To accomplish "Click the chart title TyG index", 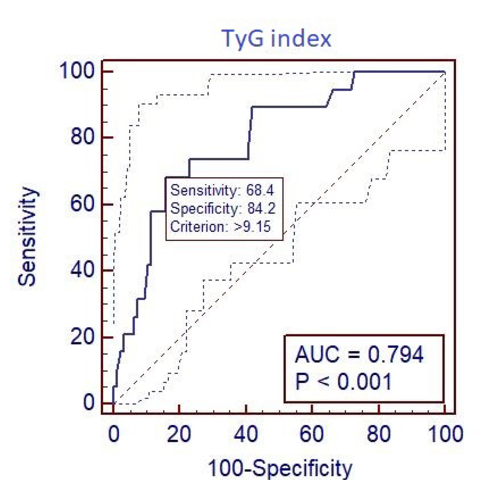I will [x=276, y=39].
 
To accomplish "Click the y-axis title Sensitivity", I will [x=27, y=236].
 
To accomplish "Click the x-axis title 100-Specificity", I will [x=280, y=467].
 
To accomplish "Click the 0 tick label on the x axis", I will [x=114, y=434].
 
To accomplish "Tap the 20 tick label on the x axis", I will [x=179, y=434].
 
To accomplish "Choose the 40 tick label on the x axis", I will [x=246, y=434].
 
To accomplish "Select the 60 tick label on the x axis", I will [x=312, y=434].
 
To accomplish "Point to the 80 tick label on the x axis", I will [x=379, y=434].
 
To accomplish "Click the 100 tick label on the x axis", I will [x=445, y=434].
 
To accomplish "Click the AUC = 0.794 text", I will [x=359, y=355].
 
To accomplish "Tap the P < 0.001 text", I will [x=344, y=382].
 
